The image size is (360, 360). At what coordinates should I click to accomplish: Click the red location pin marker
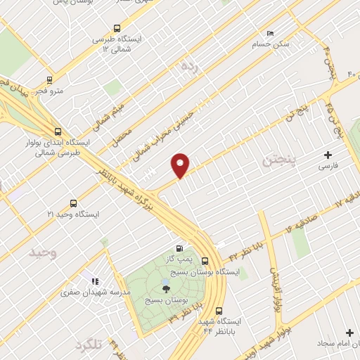click(181, 165)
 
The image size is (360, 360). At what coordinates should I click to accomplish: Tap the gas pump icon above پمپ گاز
click(180, 247)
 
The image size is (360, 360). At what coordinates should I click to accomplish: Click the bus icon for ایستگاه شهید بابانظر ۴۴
click(218, 310)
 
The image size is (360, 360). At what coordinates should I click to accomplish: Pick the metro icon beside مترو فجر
click(49, 80)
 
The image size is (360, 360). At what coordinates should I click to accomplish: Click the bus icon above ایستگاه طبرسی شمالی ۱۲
click(117, 27)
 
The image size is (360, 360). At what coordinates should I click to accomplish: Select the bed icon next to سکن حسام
click(271, 33)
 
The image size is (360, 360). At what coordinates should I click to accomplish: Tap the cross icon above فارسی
click(327, 155)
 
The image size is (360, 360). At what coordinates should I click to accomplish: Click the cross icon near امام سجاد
click(349, 332)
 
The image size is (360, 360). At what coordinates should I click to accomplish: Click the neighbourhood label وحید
click(43, 251)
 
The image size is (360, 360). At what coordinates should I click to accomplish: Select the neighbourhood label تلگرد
click(87, 346)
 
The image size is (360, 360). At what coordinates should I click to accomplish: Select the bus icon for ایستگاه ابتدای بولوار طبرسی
click(58, 131)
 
